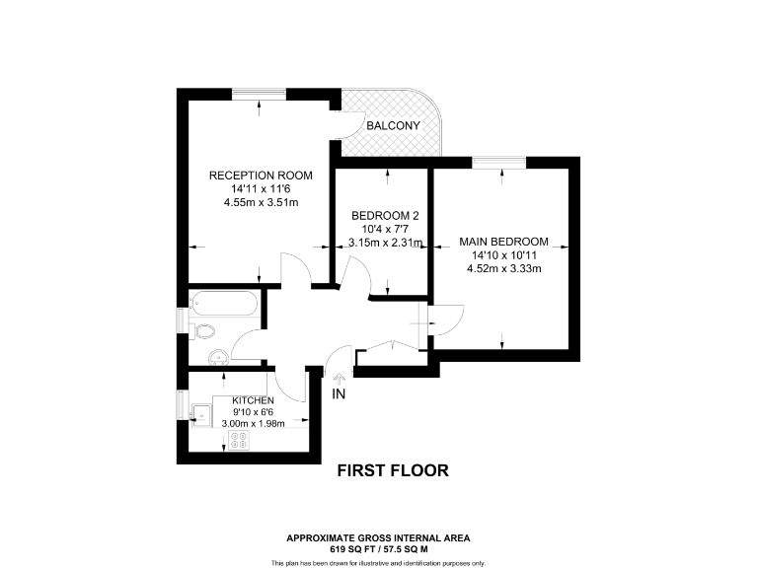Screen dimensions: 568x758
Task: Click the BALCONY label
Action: coord(394,126)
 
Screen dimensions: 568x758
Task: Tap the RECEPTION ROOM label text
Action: coord(261,176)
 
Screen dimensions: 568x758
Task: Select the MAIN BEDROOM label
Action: coord(503,242)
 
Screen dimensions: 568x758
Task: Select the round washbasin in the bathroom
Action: coord(217,356)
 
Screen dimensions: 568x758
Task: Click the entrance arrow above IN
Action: coord(340,377)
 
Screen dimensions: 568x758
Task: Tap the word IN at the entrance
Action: coord(340,395)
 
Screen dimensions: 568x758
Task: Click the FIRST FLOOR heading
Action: coord(393,471)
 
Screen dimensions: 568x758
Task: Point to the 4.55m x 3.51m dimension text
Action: coord(261,202)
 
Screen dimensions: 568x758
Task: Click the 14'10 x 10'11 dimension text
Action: coord(503,255)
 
